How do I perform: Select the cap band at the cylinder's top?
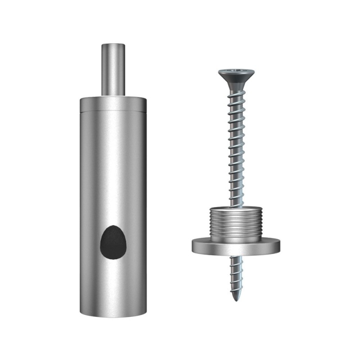point(113,104)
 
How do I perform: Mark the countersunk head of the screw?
point(237,77)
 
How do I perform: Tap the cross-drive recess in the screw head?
point(237,72)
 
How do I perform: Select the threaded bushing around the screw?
point(236,223)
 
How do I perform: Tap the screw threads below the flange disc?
point(236,274)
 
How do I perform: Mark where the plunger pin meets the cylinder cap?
point(113,95)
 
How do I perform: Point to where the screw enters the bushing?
point(236,206)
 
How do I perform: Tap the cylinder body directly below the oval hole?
point(113,283)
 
